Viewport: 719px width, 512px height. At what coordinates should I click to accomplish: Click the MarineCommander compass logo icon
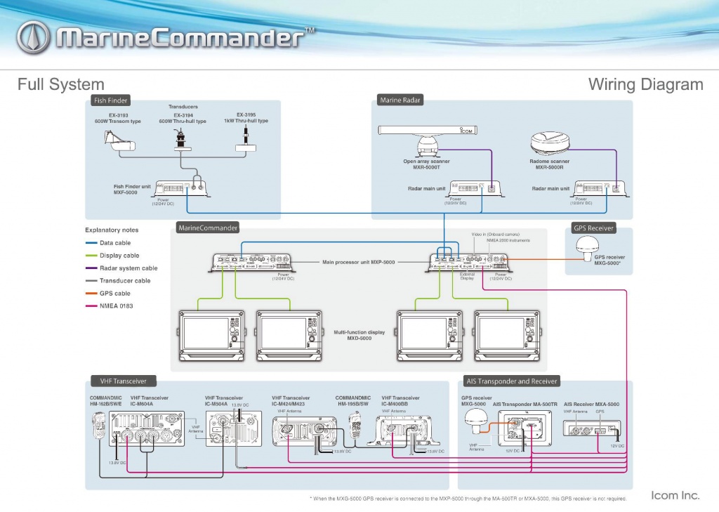(x=33, y=38)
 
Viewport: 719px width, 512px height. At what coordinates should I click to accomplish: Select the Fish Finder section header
(x=110, y=100)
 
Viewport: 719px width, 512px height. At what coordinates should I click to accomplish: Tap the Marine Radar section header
(x=400, y=100)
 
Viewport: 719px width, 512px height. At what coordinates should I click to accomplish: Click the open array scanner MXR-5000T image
(x=428, y=138)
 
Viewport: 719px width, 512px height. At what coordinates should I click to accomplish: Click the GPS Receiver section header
(x=594, y=228)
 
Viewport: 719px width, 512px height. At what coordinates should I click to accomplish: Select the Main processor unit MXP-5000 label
(x=358, y=262)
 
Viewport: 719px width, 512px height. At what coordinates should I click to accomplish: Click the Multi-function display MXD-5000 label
(x=359, y=335)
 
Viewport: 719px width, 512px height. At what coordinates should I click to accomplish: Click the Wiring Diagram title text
(x=645, y=85)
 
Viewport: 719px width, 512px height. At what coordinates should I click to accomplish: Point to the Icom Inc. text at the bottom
(x=675, y=495)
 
